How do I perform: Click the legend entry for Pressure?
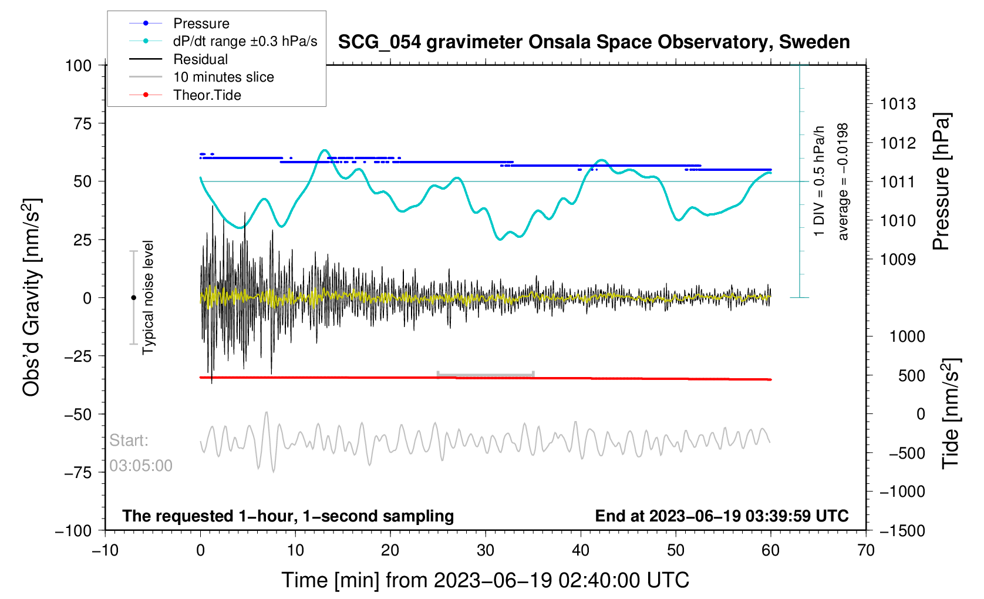(x=201, y=23)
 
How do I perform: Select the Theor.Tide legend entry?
(x=207, y=95)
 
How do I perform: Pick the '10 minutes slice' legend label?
(x=223, y=77)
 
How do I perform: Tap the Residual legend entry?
(x=200, y=59)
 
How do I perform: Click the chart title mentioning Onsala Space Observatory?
(x=594, y=42)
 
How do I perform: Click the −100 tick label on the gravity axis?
(x=73, y=531)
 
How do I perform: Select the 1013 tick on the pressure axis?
(x=898, y=105)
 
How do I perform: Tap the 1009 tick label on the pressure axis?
(x=898, y=260)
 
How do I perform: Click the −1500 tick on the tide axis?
(x=902, y=531)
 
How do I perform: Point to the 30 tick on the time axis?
(x=486, y=551)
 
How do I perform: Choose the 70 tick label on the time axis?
(x=866, y=551)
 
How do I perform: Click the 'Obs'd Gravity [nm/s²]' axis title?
(x=32, y=297)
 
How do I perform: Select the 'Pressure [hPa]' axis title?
(x=941, y=182)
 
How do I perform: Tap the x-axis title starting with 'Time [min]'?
(x=485, y=580)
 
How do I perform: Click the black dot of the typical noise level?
(x=133, y=298)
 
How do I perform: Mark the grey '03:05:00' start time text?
(x=141, y=466)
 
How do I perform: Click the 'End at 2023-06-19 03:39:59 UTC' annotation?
(x=722, y=516)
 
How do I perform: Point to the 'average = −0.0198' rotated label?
(x=843, y=182)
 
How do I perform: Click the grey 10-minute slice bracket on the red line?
(x=485, y=374)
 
